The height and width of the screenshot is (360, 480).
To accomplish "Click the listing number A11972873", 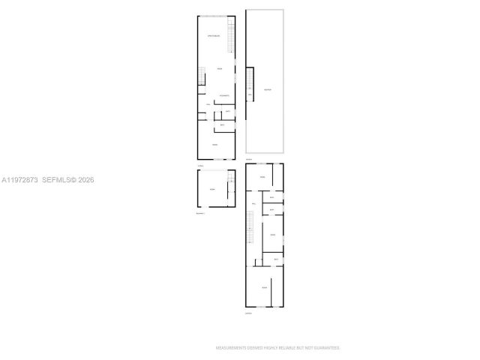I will pos(19,180).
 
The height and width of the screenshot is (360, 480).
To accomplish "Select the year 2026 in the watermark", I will pos(85,180).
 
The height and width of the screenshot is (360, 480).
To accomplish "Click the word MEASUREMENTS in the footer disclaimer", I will pos(230,348).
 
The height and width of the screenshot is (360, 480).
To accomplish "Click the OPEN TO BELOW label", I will pos(214,35).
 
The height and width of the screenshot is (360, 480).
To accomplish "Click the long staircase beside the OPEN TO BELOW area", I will pos(232,36).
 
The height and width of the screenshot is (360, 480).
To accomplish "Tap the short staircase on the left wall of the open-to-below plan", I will pos(202,76).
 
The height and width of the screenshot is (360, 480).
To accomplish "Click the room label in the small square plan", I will pos(212,190).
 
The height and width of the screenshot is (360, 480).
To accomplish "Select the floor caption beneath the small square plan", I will pos(199,214).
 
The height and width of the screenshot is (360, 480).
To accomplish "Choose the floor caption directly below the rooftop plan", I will pos(250,159).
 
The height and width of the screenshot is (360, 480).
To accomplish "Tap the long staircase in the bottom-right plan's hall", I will pos(250,227).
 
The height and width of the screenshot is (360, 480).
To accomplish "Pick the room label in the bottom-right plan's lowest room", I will pos(264,288).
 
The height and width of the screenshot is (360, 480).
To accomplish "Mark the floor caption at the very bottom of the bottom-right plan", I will pos(248,313).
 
